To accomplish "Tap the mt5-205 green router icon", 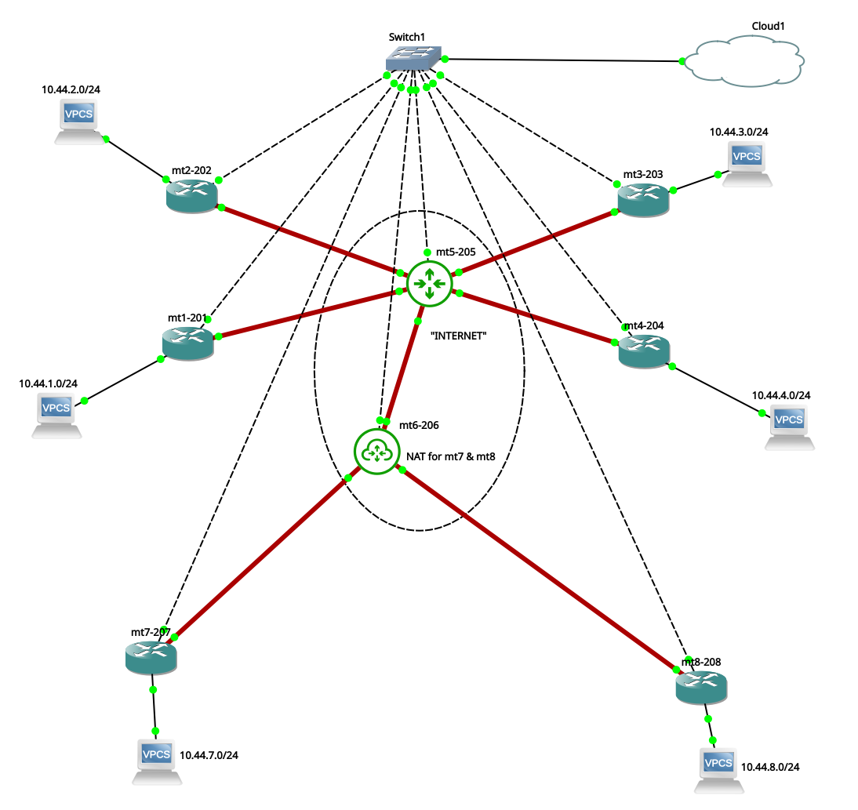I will point(429,284).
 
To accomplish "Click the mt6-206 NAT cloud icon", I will point(376,452).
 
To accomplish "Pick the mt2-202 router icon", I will point(191,193).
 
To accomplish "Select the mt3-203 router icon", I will point(643,199).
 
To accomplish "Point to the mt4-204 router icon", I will point(644,350).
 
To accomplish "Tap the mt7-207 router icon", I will point(151,657).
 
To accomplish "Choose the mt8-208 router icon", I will point(701,686).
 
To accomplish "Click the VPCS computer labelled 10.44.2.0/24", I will point(81,121).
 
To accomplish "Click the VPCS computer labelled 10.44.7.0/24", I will point(156,760).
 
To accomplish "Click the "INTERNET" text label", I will point(459,336).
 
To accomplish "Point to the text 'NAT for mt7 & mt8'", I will point(450,455).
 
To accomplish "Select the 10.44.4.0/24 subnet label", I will point(781,395).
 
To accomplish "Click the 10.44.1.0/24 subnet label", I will point(48,383).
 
